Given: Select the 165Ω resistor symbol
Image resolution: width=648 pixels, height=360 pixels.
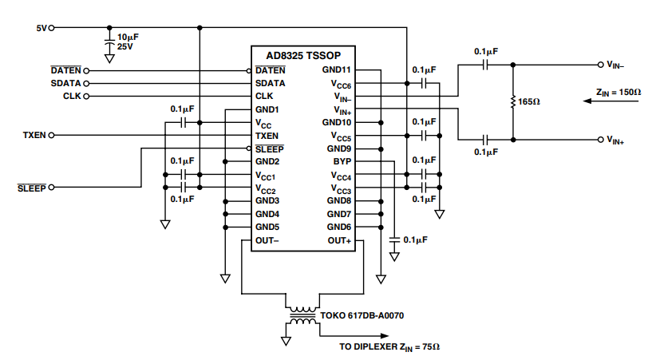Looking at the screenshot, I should coord(512,102).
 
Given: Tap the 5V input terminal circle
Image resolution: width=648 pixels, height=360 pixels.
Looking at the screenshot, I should coord(53,28).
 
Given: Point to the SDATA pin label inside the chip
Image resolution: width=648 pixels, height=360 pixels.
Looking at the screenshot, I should coord(271,83).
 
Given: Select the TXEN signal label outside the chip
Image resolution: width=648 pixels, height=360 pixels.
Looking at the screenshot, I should coord(35,136).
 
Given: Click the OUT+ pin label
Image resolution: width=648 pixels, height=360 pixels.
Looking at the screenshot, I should coord(339,240).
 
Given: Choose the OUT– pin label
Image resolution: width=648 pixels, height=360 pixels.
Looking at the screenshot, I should coord(267,240).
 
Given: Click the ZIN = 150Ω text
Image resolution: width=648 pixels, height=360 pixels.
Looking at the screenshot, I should coord(618,93).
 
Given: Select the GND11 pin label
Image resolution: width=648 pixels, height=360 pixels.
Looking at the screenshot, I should coord(337,70).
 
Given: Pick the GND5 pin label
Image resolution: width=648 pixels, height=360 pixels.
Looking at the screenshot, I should coord(267,227).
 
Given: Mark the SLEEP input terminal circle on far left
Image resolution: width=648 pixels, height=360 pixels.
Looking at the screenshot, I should coord(53,188).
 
